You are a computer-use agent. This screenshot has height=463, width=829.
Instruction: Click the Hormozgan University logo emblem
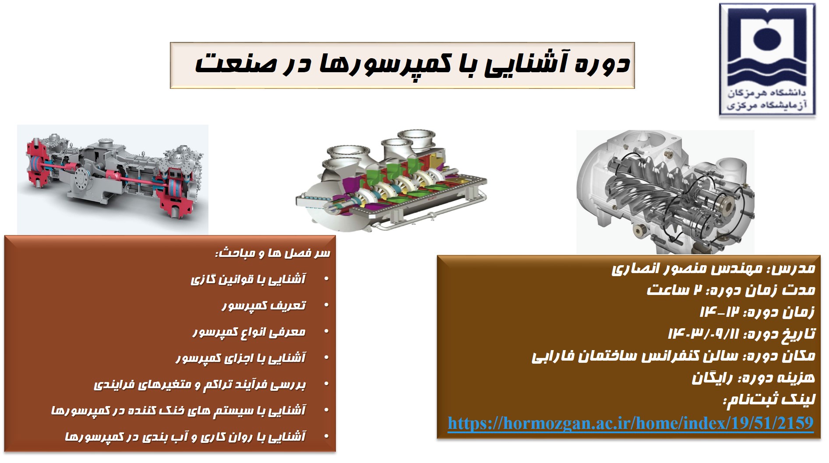pyautogui.click(x=767, y=60)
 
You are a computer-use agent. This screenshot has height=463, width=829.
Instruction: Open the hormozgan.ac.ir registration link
pyautogui.click(x=631, y=423)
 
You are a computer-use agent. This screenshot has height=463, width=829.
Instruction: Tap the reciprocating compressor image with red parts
pyautogui.click(x=113, y=179)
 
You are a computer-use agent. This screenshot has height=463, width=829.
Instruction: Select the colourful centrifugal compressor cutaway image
pyautogui.click(x=391, y=180)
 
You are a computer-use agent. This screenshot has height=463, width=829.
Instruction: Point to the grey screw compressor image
pyautogui.click(x=665, y=192)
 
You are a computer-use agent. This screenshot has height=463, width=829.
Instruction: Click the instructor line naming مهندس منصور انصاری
pyautogui.click(x=713, y=268)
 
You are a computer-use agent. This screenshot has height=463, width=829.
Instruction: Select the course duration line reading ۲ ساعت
pyautogui.click(x=731, y=290)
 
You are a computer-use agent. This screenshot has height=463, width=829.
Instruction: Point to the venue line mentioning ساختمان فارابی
pyautogui.click(x=674, y=356)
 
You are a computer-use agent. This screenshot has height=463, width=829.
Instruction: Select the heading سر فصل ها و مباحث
pyautogui.click(x=272, y=254)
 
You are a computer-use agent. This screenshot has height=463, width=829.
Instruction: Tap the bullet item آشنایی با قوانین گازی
pyautogui.click(x=248, y=279)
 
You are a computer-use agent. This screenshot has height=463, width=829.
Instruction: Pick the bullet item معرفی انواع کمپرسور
pyautogui.click(x=249, y=332)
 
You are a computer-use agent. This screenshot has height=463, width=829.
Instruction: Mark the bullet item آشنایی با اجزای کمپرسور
pyautogui.click(x=241, y=358)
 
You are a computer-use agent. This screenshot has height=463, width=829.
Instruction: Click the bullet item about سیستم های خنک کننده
pyautogui.click(x=179, y=411)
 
